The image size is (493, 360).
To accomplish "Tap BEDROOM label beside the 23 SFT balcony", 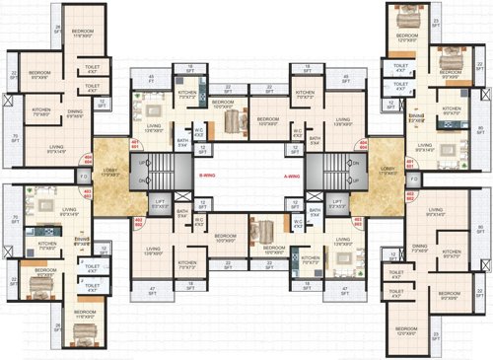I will [x=406, y=36].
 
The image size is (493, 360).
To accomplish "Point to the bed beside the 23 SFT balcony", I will [x=406, y=17].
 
